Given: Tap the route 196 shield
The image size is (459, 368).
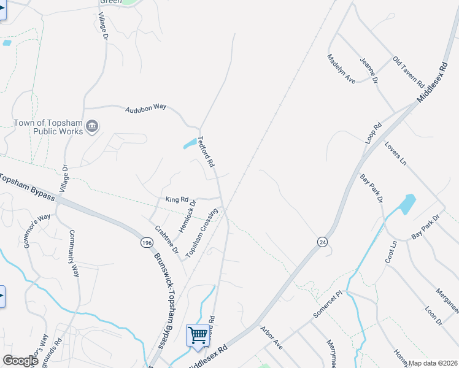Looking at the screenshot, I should pyautogui.click(x=146, y=243).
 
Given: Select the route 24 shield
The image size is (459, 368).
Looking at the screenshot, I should pyautogui.click(x=322, y=242).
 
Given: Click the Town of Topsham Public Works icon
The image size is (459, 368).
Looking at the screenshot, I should pyautogui.click(x=92, y=126).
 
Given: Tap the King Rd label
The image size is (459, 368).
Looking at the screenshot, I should pyautogui.click(x=176, y=200).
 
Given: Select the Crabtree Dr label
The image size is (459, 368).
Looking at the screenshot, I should pyautogui.click(x=166, y=240).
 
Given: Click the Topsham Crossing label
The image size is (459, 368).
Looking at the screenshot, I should pyautogui.click(x=202, y=233).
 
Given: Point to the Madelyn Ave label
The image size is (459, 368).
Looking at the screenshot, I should pyautogui.click(x=341, y=69).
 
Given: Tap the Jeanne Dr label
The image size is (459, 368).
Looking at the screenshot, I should pyautogui.click(x=369, y=71).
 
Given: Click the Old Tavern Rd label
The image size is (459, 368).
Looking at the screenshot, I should pyautogui.click(x=409, y=72).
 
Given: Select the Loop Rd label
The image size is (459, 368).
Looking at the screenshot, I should pyautogui.click(x=373, y=134).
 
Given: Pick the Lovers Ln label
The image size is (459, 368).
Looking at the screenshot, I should pyautogui.click(x=395, y=153).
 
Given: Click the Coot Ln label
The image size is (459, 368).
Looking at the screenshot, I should pyautogui.click(x=391, y=252).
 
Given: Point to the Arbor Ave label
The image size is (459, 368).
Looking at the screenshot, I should pyautogui.click(x=271, y=338).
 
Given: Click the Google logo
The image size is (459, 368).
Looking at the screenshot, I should pyautogui.click(x=20, y=361).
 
